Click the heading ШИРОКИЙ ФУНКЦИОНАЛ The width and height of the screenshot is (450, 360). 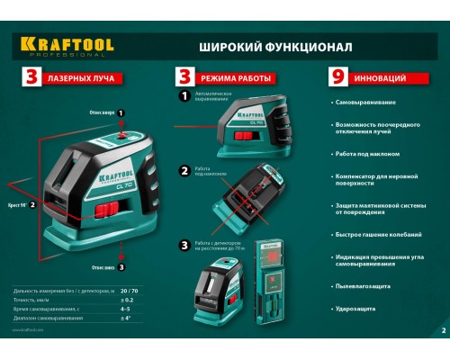click(x=275, y=46)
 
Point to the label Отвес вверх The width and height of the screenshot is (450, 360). click(x=101, y=112)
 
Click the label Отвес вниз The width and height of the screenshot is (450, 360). click(x=102, y=266)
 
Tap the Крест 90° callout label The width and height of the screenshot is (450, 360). click(x=17, y=205)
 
